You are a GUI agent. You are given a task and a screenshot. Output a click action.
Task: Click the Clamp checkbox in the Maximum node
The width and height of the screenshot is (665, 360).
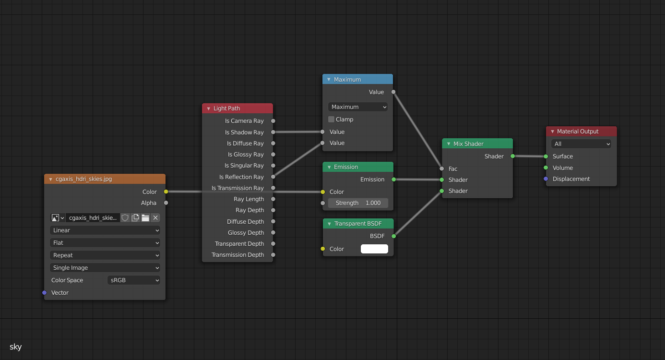pos(331,120)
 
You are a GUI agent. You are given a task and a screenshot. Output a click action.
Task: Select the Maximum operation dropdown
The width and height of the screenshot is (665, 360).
pos(358,107)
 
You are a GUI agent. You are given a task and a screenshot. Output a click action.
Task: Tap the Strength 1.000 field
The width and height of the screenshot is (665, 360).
pos(358,203)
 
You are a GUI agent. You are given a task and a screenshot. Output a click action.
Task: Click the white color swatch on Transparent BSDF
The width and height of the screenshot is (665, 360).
pos(374,249)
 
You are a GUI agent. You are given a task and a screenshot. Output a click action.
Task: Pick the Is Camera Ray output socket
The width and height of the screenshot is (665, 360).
pos(273,121)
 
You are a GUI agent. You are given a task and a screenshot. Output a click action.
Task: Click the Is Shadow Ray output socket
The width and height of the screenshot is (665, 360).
pos(273,132)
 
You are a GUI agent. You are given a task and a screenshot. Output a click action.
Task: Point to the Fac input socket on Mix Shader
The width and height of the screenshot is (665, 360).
pos(442,169)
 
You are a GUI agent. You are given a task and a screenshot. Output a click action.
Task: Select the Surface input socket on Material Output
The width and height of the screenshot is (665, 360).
pos(546,156)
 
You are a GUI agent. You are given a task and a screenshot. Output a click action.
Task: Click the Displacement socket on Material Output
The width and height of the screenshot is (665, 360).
pos(546,179)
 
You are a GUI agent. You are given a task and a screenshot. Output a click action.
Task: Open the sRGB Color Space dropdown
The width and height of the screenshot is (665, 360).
pos(133,280)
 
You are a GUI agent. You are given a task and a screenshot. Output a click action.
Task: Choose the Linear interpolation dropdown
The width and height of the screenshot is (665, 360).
pos(105,230)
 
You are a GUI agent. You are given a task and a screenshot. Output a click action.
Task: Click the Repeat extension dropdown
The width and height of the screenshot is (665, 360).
pos(105,255)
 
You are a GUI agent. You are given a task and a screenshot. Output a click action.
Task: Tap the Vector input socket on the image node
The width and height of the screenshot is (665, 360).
pos(45,293)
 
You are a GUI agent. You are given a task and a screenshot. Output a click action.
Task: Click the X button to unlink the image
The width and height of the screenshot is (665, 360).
pos(155,218)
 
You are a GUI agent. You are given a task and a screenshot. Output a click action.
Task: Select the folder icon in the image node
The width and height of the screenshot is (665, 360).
pos(145,218)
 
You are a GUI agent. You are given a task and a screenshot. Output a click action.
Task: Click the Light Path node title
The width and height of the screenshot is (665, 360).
pos(227,108)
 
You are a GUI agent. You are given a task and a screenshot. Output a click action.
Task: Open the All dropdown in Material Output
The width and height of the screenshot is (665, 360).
pos(582,144)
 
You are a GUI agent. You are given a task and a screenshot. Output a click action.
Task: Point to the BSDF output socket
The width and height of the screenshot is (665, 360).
pos(394,236)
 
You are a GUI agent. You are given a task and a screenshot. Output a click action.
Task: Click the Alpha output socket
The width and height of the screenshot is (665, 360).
pos(166,203)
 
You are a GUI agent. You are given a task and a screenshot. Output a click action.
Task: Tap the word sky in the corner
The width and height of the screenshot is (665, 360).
pos(16,347)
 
